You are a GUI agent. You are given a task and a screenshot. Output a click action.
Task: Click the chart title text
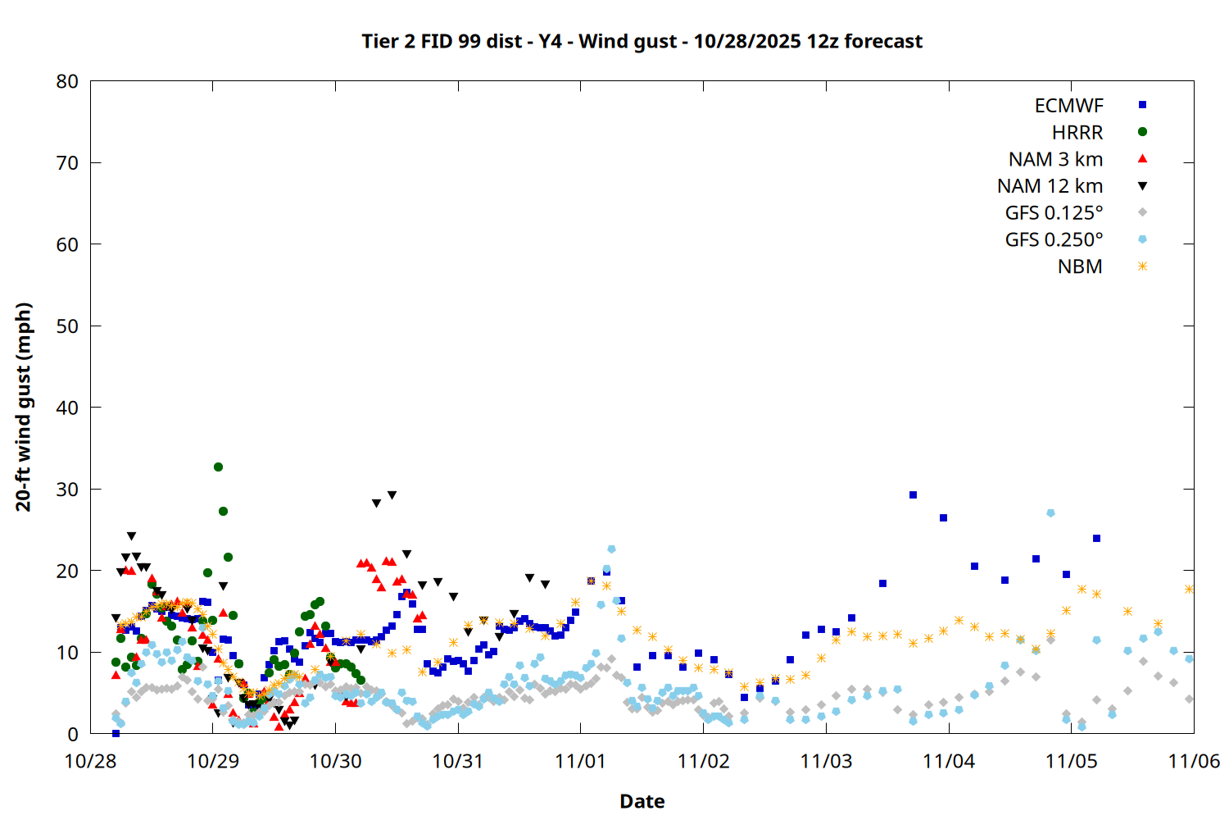click(642, 42)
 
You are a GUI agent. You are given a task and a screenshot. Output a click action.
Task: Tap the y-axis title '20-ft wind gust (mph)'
click(24, 407)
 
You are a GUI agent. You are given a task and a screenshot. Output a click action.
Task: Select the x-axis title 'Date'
click(642, 801)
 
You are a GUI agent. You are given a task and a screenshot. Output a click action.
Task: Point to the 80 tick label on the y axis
click(68, 81)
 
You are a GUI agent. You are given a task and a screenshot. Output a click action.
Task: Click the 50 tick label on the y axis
click(68, 326)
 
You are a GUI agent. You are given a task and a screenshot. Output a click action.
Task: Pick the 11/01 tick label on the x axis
click(580, 761)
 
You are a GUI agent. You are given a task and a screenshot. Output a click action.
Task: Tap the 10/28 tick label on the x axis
click(90, 761)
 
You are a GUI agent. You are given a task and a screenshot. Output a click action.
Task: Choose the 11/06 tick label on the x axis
click(1193, 761)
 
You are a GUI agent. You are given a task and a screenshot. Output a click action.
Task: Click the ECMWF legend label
click(1068, 106)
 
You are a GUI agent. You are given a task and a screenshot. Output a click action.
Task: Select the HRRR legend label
click(1077, 133)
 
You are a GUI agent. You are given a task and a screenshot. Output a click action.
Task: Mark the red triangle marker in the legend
click(1142, 158)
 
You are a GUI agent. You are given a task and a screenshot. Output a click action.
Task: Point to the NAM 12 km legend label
click(1050, 186)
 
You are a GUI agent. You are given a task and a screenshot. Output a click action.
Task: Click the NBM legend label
click(1080, 266)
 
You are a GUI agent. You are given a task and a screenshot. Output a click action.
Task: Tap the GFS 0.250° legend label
click(1054, 240)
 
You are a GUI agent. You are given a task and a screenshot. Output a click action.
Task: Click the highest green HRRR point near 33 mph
click(218, 467)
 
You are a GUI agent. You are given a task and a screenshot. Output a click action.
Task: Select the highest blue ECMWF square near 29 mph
click(913, 495)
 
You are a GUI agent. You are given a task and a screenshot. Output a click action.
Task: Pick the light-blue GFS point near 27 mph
click(1050, 513)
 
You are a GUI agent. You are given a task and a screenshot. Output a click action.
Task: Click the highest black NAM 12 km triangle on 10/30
click(392, 495)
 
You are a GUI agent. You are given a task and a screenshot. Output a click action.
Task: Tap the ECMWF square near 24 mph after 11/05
click(1096, 539)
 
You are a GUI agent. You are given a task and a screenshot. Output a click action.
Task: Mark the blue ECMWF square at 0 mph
click(116, 733)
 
